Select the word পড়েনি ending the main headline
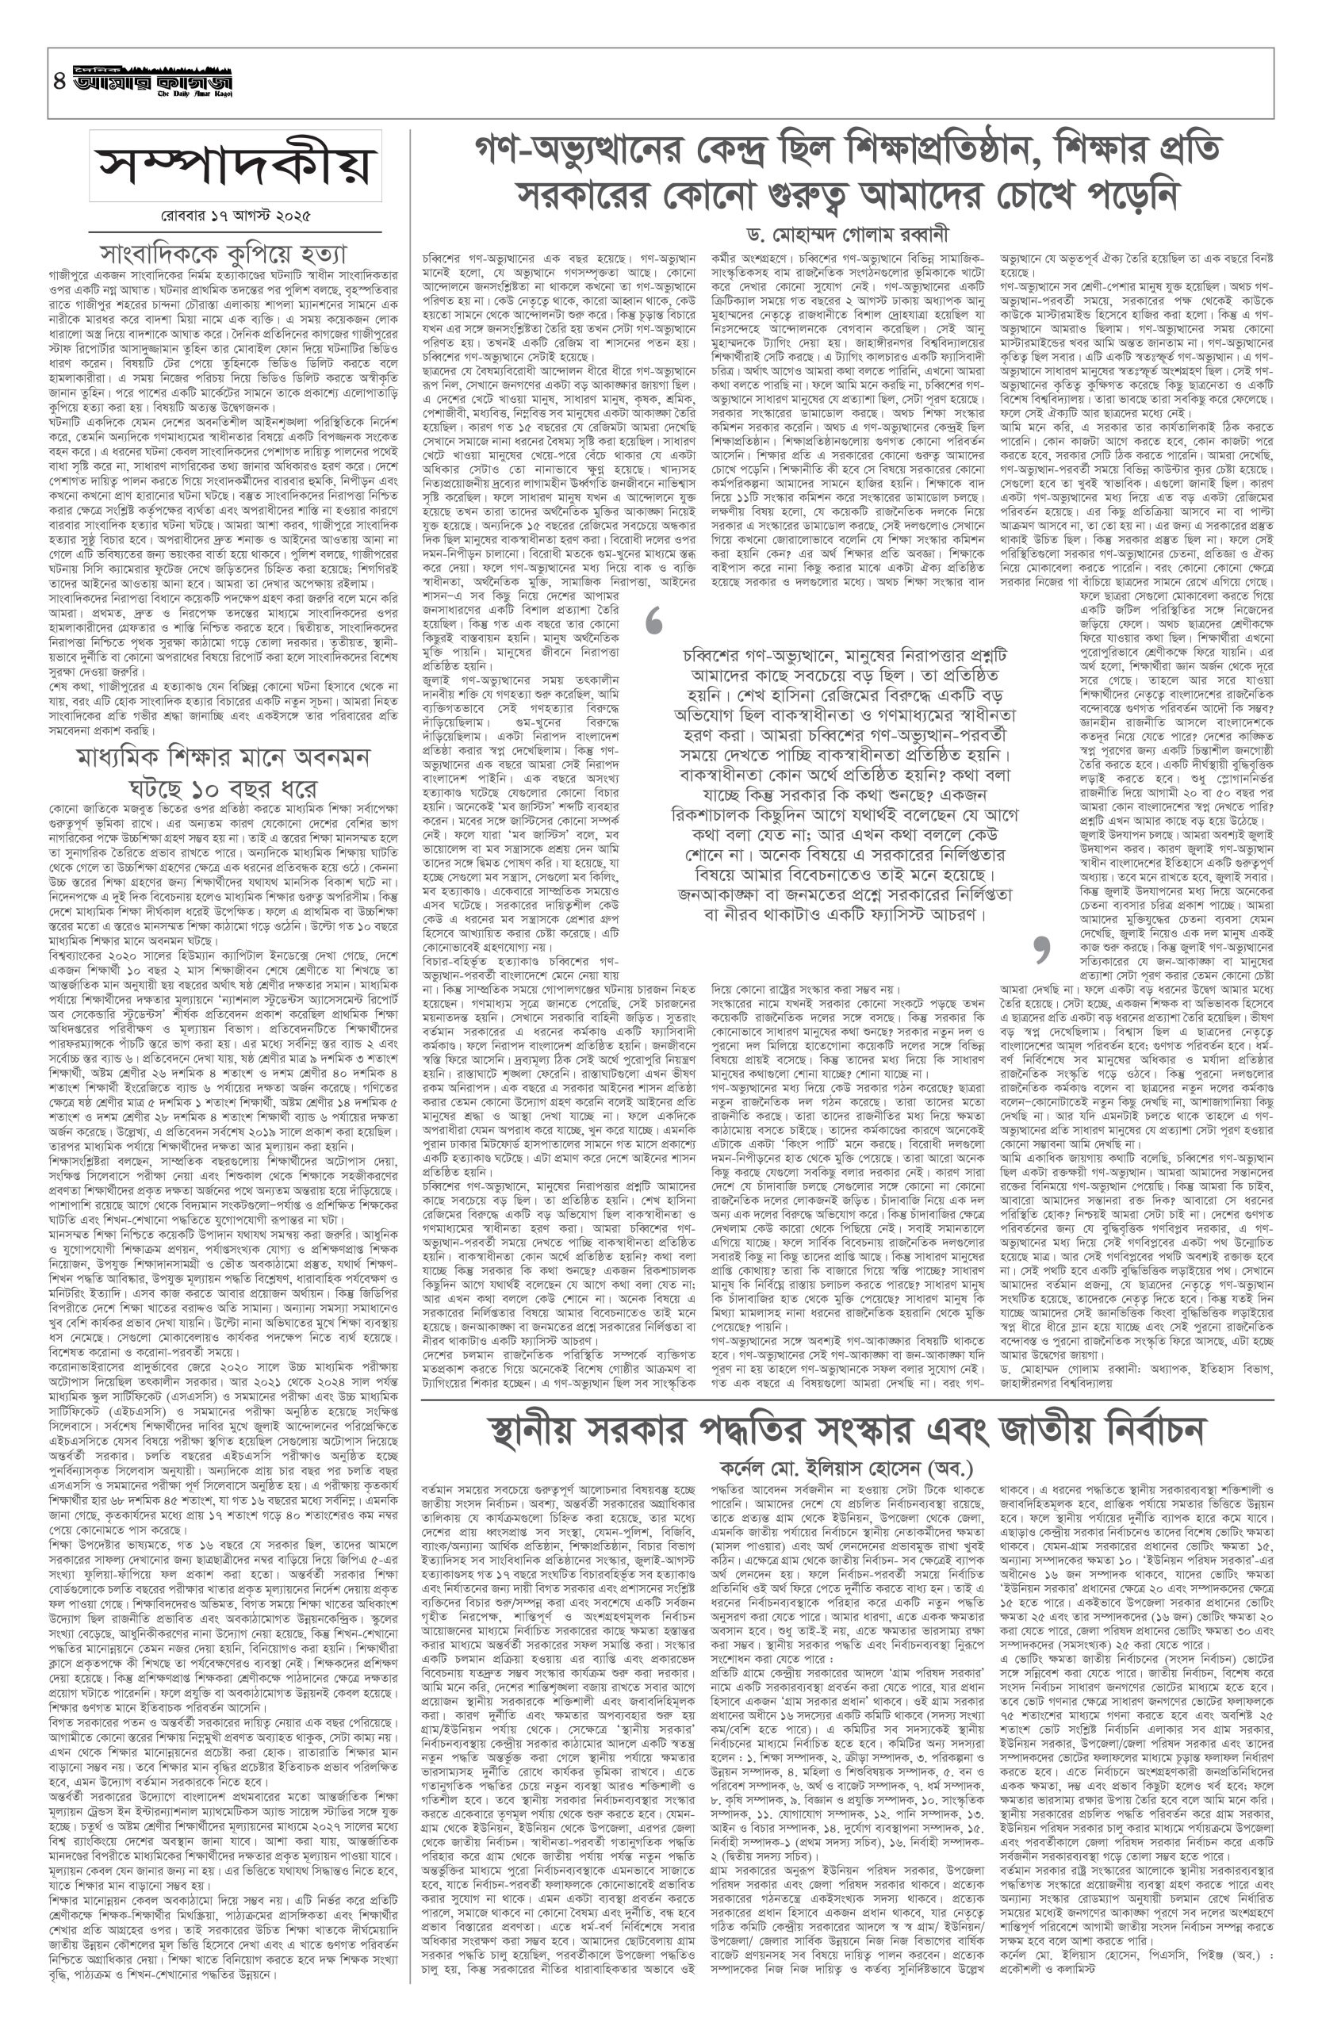click(1131, 197)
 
